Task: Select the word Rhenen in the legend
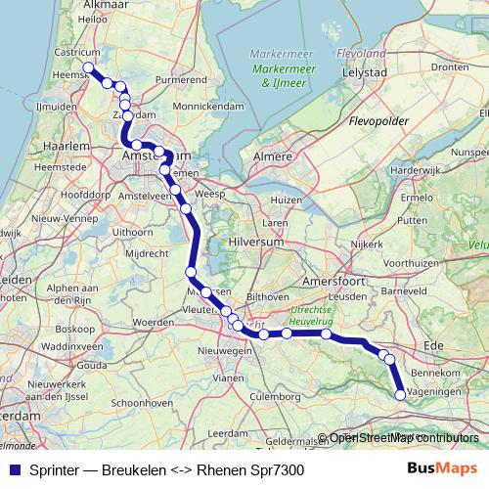tap(219, 470)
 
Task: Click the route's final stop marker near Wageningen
tap(400, 395)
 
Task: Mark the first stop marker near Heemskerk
tap(89, 67)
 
